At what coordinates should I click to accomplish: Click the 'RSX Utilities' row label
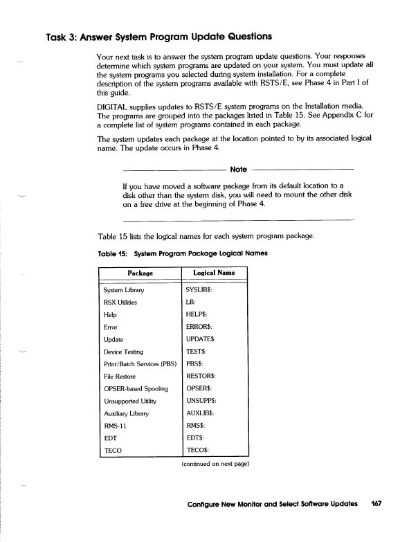[120, 302]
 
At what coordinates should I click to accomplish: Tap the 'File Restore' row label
[119, 375]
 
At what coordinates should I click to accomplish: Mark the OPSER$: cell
[199, 388]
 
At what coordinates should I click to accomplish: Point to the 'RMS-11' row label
[113, 425]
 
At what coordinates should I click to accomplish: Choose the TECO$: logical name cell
[199, 450]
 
